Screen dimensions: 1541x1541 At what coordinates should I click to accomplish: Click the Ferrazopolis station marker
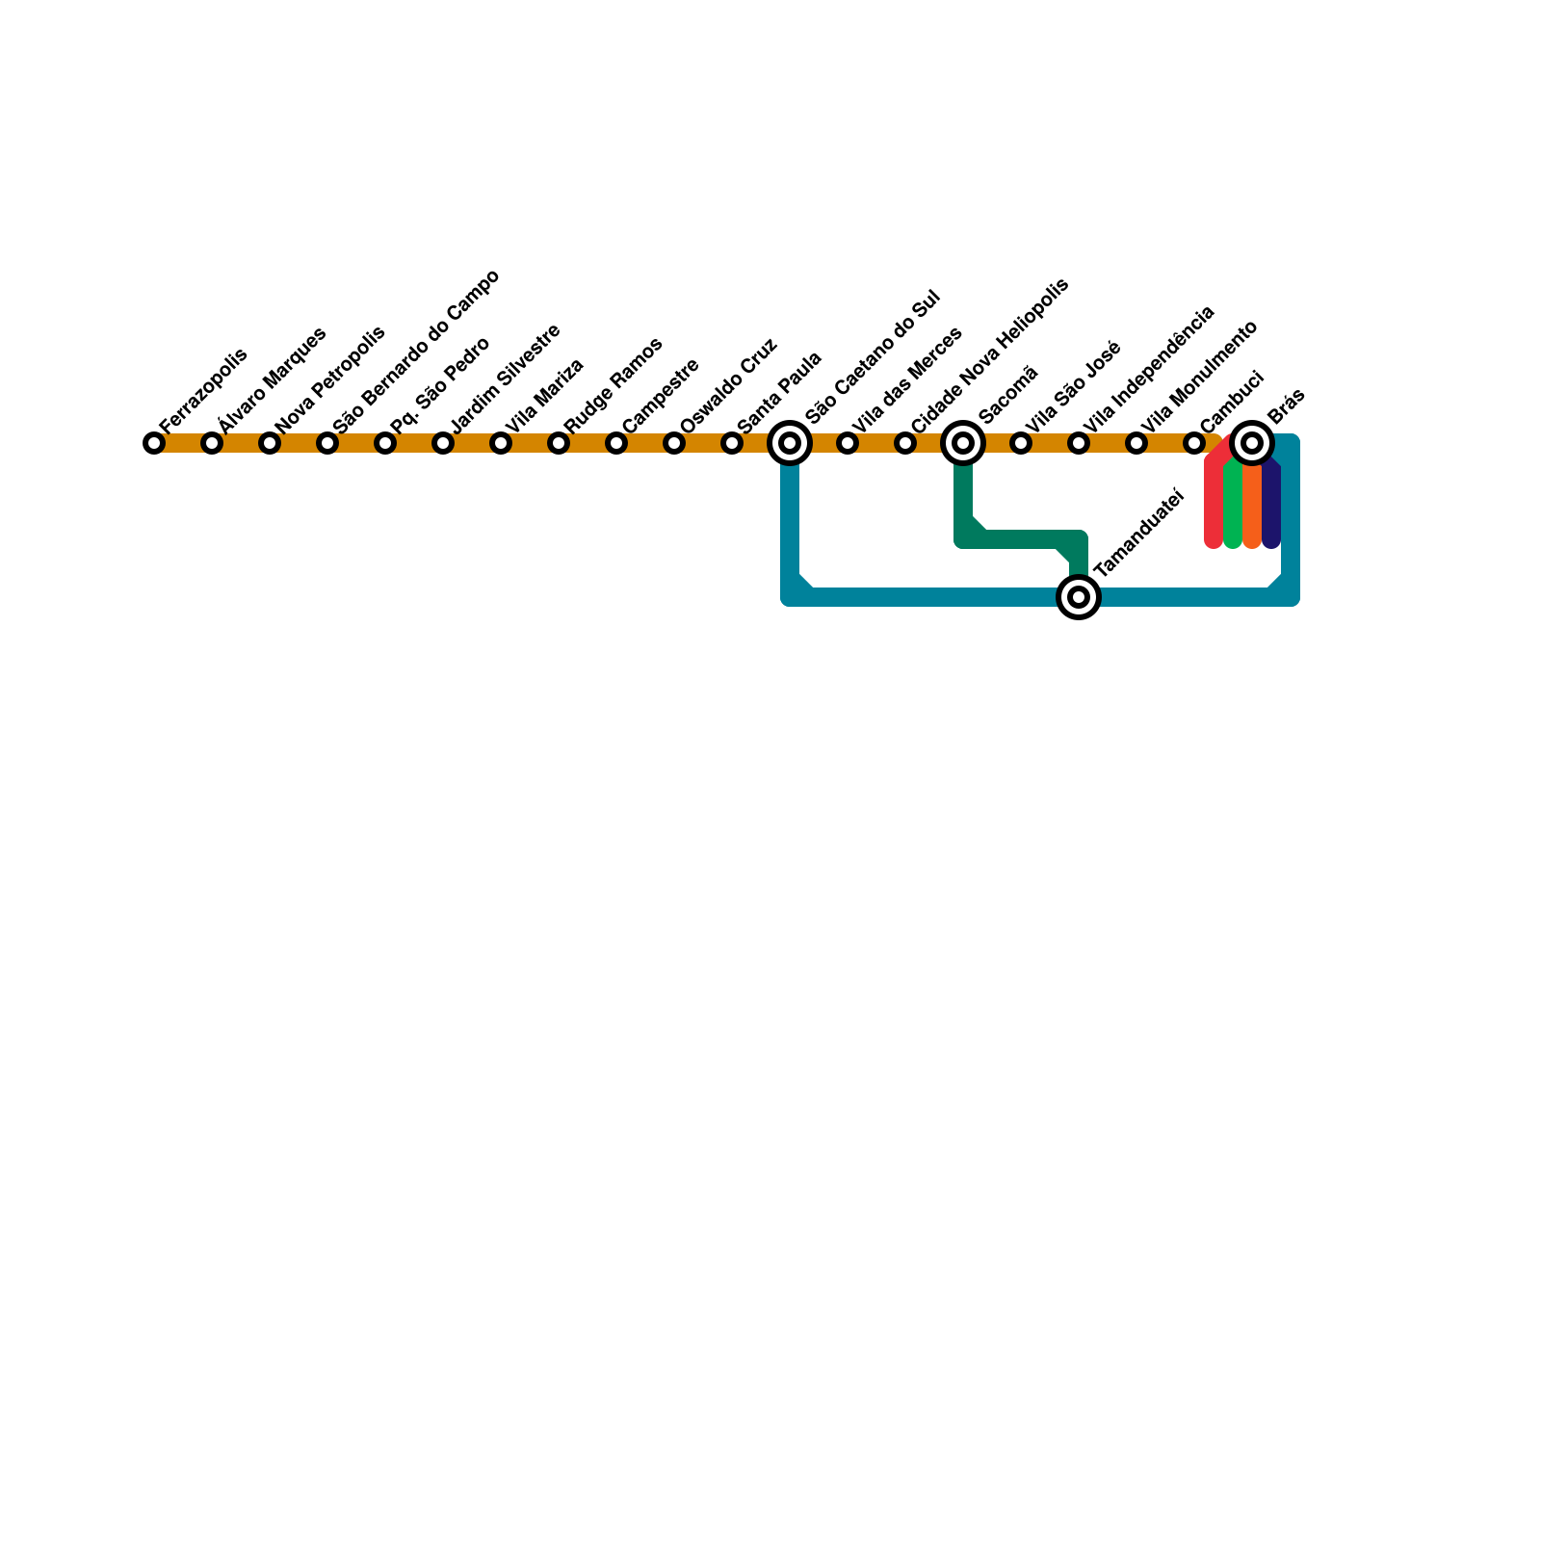tap(154, 443)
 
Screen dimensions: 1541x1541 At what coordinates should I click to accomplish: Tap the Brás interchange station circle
tap(1252, 443)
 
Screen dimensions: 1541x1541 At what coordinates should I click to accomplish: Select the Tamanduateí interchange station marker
tap(1079, 597)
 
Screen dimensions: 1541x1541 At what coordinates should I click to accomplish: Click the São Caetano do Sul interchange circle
tap(790, 443)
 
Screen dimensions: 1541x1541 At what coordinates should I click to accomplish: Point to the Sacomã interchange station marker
tap(963, 443)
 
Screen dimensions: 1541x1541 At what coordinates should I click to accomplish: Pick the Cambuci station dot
tap(1194, 443)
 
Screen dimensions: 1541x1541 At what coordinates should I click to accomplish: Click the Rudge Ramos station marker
tap(559, 443)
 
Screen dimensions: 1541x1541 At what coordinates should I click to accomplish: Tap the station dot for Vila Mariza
tap(501, 443)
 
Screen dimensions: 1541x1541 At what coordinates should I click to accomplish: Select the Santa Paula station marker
tap(732, 443)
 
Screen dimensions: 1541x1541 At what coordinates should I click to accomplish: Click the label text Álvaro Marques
tap(273, 379)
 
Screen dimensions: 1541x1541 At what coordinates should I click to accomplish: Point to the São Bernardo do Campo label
tap(416, 352)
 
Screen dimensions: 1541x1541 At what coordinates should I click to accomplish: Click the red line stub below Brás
tap(1214, 506)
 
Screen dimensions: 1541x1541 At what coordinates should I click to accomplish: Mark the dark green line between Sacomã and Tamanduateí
tap(1021, 539)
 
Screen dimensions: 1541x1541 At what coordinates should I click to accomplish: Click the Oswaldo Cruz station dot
tap(674, 443)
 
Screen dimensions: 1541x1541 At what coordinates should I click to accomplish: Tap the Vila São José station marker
tap(1021, 443)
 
